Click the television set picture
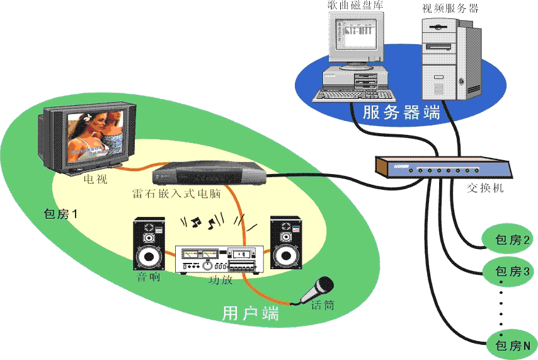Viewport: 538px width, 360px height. tap(89, 138)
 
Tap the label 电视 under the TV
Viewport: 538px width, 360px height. tap(96, 179)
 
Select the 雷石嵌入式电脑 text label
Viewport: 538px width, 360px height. tap(176, 194)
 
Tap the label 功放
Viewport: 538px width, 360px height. tap(220, 280)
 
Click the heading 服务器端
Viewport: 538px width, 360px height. tap(401, 113)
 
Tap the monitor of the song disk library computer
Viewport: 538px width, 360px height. tap(356, 38)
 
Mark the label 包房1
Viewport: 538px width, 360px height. tap(60, 214)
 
